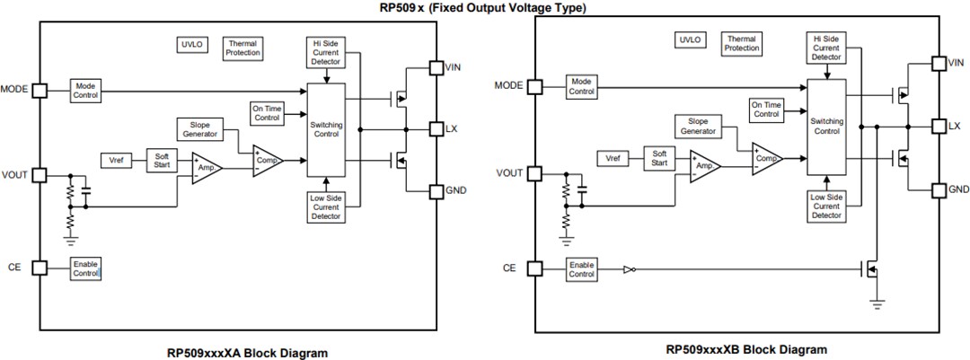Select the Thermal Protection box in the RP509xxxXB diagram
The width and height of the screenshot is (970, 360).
click(742, 43)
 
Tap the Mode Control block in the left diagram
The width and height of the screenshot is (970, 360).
click(86, 90)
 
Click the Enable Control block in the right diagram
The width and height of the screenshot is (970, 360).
click(581, 268)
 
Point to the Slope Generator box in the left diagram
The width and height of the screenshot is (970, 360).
click(198, 127)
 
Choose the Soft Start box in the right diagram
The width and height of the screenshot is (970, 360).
click(659, 157)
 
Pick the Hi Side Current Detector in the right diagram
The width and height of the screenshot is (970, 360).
click(826, 47)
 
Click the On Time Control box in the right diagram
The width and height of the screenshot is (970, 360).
click(766, 110)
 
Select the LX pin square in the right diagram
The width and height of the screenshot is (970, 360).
click(938, 127)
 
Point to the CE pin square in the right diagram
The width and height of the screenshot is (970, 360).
click(535, 268)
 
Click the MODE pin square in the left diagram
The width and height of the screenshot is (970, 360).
click(39, 90)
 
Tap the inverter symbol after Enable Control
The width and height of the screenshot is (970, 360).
click(629, 268)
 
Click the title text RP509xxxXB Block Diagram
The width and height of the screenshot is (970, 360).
click(746, 349)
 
